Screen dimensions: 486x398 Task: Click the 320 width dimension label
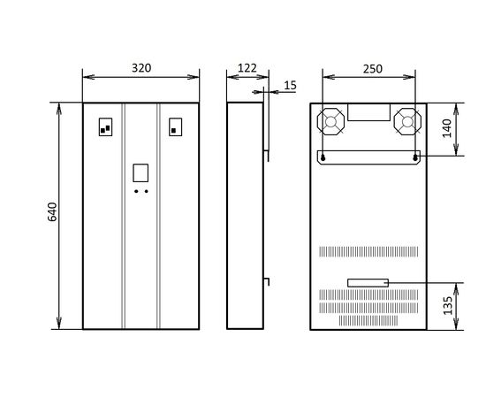141,68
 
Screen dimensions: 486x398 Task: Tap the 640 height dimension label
52,212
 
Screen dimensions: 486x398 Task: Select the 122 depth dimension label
247,68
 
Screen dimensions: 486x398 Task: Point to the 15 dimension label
290,85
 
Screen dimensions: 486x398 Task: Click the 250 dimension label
373,69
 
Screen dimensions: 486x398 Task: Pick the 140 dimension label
446,128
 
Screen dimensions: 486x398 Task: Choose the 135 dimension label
448,305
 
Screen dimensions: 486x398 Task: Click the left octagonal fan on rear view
330,121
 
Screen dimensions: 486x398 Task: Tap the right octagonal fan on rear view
407,121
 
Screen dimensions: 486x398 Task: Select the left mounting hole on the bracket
323,158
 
